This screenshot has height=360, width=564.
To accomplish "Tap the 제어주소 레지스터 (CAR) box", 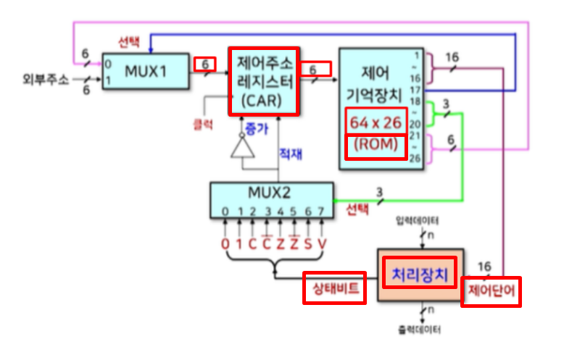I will pyautogui.click(x=263, y=81).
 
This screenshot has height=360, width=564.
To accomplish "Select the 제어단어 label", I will pyautogui.click(x=491, y=291).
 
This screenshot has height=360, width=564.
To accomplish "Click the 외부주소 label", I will pyautogui.click(x=45, y=80).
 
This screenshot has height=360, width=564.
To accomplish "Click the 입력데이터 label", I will pyautogui.click(x=418, y=219).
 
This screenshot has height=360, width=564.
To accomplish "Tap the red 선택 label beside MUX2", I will pyautogui.click(x=357, y=211).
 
